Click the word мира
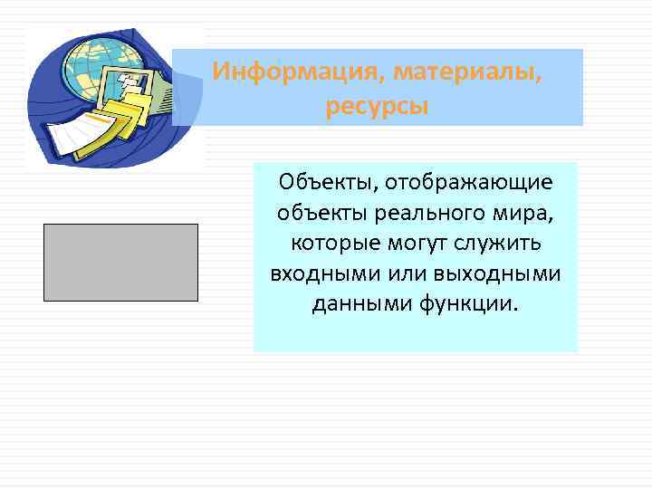point(523,214)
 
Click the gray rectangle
point(120,262)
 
